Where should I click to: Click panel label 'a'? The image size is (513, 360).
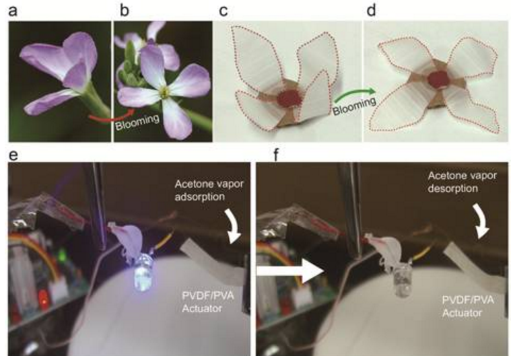point(13,11)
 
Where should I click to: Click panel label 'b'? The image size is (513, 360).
point(125,10)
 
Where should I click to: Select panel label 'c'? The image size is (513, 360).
point(224,11)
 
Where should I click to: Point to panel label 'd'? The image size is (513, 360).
point(372,10)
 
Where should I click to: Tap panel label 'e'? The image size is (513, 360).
point(13,155)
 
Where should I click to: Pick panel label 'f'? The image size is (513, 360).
point(276,154)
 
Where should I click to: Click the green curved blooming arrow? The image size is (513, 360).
point(355,94)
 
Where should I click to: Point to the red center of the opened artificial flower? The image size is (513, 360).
point(439,79)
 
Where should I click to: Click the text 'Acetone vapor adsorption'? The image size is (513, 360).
point(209,190)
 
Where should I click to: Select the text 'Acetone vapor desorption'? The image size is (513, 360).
point(462,182)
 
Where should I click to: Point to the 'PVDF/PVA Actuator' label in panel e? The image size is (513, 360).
point(208,302)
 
